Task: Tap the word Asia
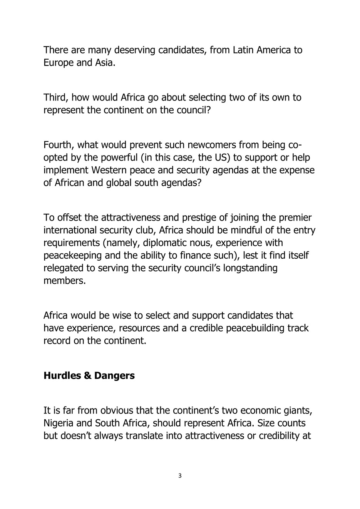coord(105,63)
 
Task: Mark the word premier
coord(294,218)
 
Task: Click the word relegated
coord(62,268)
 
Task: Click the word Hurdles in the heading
coord(62,375)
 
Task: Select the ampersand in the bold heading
coord(87,375)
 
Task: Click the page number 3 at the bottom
coord(180,476)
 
